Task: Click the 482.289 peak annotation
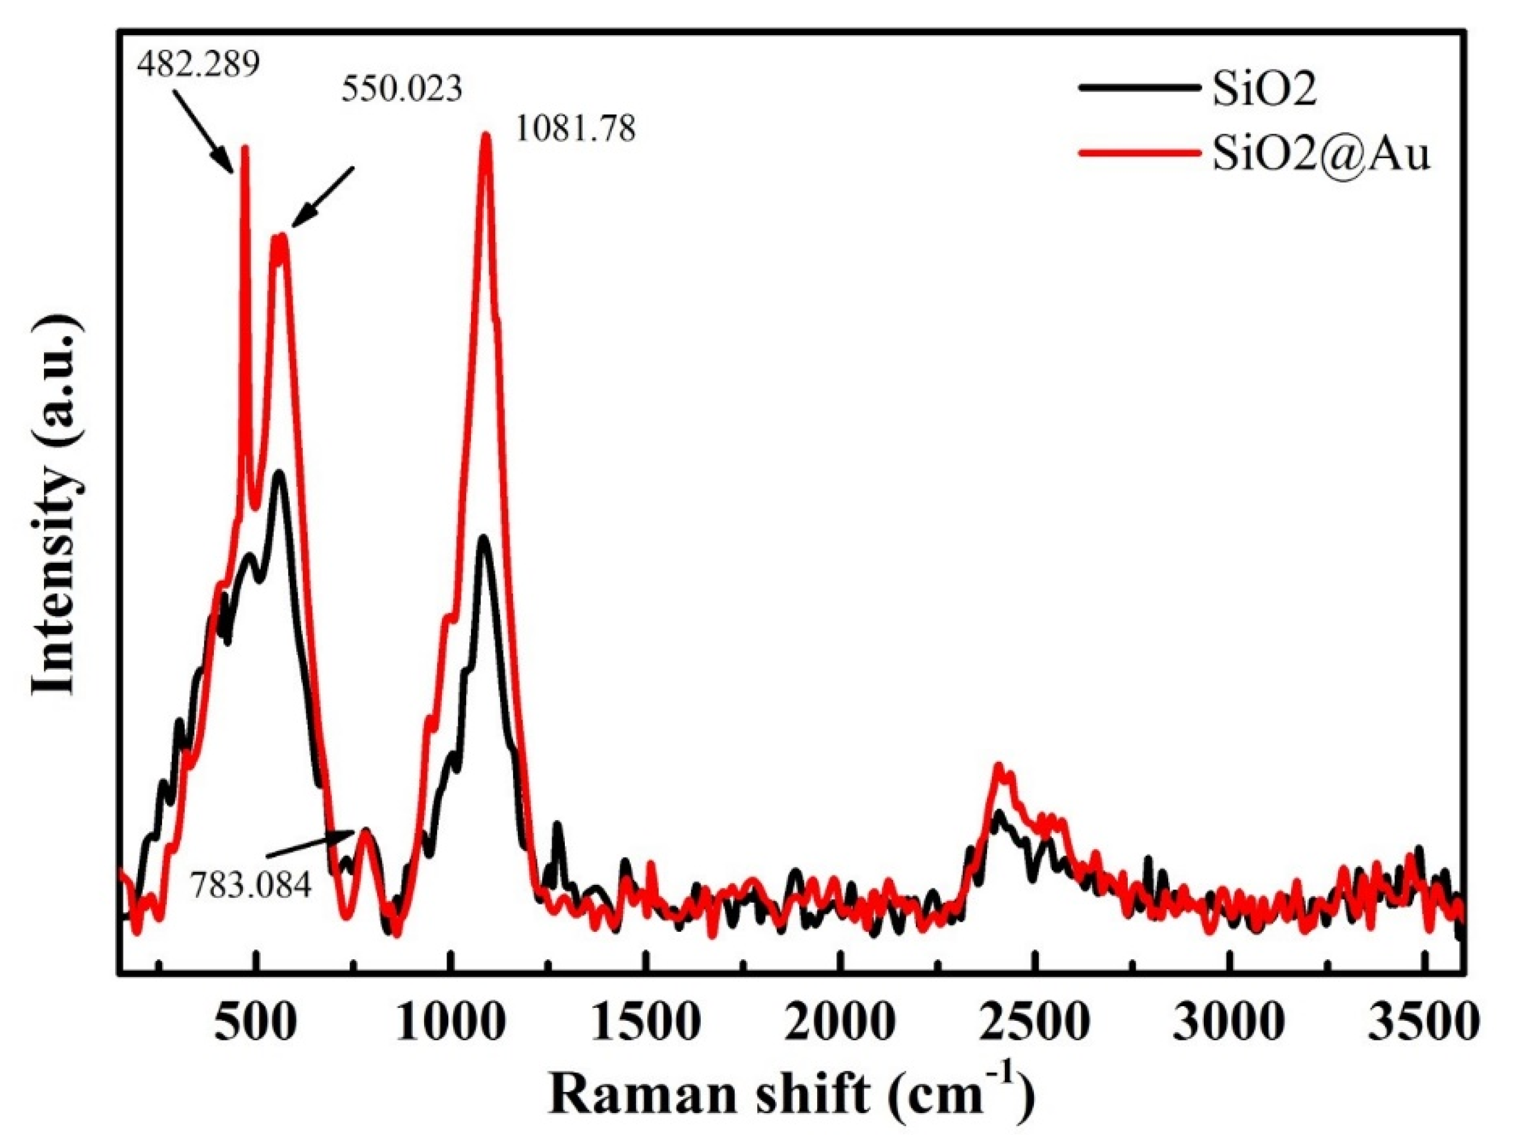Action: (x=198, y=65)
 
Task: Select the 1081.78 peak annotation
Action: (x=575, y=128)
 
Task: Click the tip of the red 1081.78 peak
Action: (x=486, y=136)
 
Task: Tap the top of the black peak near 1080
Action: (x=484, y=539)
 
